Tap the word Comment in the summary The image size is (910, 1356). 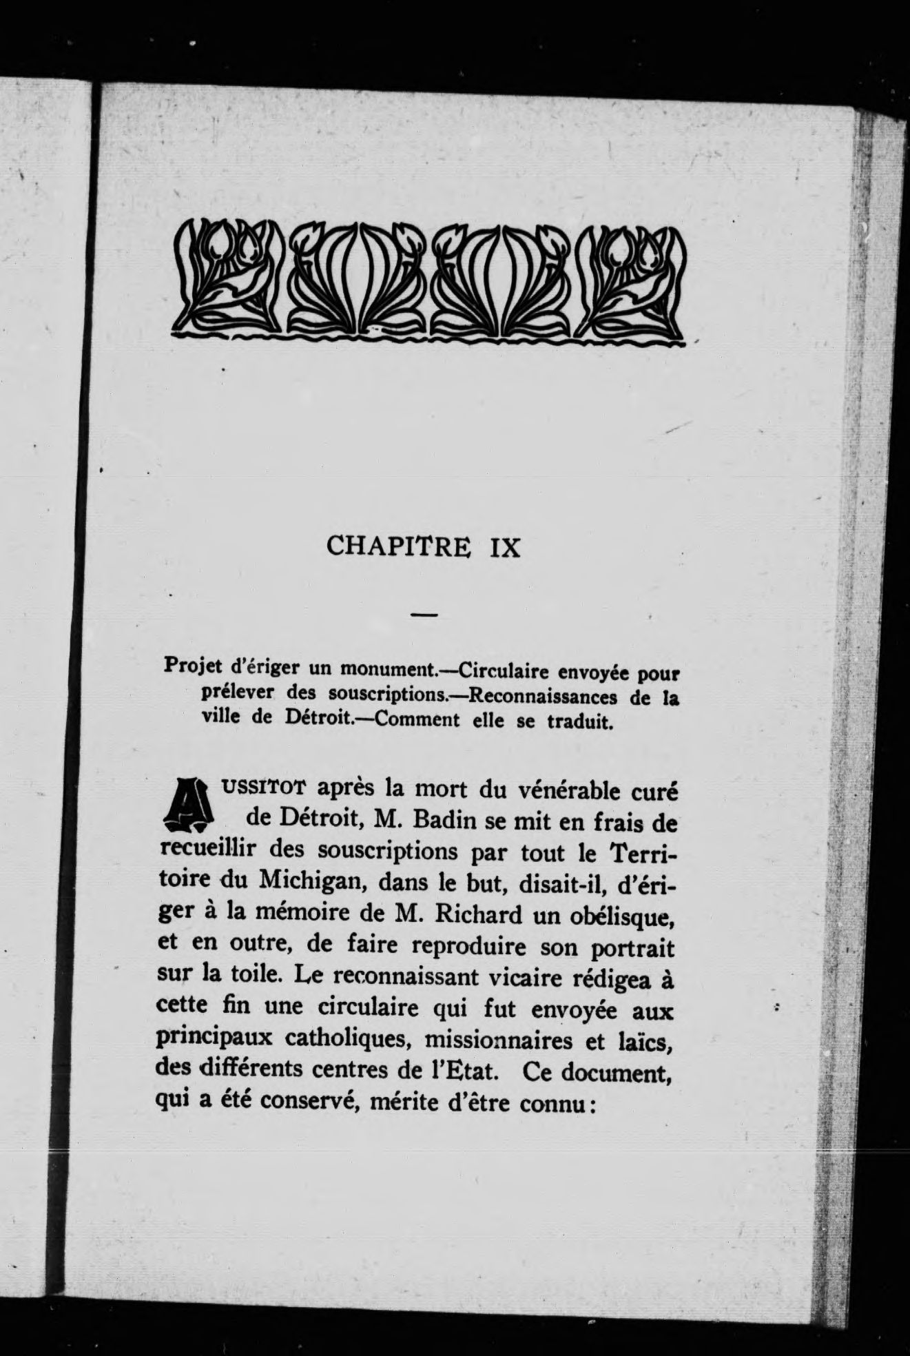pyautogui.click(x=409, y=721)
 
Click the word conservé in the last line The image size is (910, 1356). pyautogui.click(x=304, y=1102)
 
